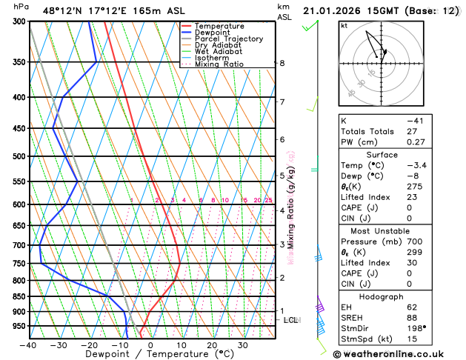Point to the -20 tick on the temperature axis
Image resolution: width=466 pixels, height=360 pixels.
point(89,345)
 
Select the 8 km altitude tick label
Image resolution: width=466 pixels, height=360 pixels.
point(282,64)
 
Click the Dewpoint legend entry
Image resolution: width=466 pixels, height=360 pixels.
point(212,33)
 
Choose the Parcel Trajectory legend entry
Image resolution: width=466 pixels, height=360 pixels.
point(228,39)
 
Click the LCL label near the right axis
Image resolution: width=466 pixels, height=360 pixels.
point(290,320)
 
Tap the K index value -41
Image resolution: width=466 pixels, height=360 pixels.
point(415,121)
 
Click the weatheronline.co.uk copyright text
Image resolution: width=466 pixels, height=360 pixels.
point(397,353)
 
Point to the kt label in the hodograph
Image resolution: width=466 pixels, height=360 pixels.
point(344,26)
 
